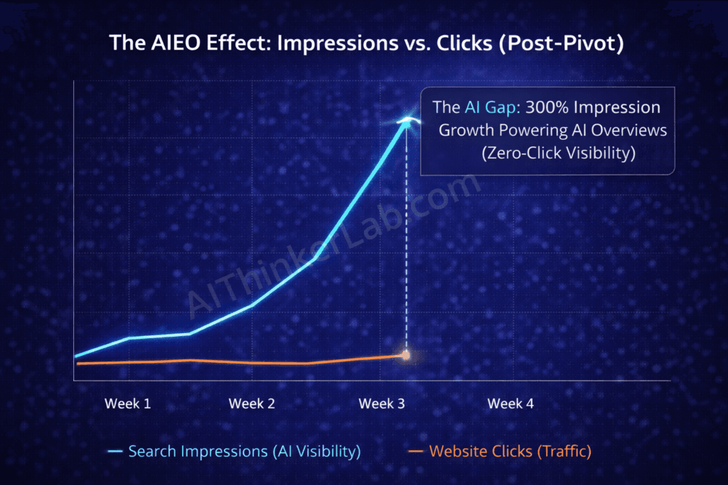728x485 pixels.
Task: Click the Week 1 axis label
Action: [128, 403]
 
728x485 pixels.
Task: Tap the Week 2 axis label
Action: [252, 403]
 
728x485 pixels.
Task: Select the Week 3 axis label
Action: [382, 403]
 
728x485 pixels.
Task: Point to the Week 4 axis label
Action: [510, 403]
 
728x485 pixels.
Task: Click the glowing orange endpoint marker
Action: [406, 356]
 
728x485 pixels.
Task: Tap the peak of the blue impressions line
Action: [407, 121]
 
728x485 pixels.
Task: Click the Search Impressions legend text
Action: [245, 451]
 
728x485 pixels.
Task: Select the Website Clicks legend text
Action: [510, 451]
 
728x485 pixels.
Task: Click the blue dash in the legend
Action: [115, 451]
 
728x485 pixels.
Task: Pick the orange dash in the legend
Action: [415, 451]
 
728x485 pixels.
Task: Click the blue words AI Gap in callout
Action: [491, 107]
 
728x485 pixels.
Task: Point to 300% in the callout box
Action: [547, 107]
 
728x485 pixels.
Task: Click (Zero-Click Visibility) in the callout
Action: [559, 153]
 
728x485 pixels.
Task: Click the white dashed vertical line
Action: [406, 238]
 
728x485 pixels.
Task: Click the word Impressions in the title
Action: [338, 43]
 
